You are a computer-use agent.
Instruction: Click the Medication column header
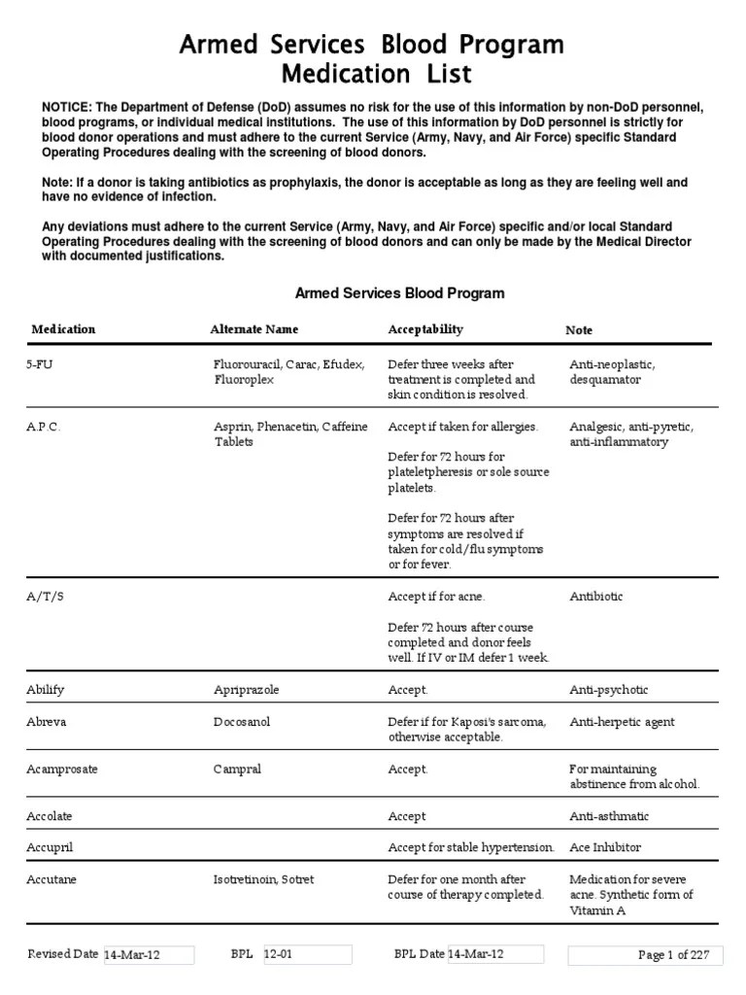[x=63, y=329]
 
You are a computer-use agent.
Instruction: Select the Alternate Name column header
[x=254, y=329]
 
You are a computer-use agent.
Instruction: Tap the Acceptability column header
[x=425, y=329]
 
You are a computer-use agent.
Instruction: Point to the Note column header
[x=579, y=330]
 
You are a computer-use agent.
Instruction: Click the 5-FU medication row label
[x=41, y=364]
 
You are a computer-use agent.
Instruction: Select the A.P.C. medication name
[x=44, y=427]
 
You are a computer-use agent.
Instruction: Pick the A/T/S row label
[x=45, y=597]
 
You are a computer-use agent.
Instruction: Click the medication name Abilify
[x=46, y=690]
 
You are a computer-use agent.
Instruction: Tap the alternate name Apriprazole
[x=246, y=690]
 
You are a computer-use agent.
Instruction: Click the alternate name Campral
[x=237, y=770]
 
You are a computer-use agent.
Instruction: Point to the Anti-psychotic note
[x=608, y=690]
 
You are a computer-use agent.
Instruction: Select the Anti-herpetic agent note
[x=622, y=722]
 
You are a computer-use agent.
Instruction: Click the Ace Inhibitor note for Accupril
[x=605, y=847]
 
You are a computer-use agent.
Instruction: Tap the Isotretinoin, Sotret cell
[x=264, y=879]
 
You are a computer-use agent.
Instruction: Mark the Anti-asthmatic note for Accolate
[x=609, y=816]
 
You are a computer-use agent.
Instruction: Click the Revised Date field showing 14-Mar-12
[x=148, y=955]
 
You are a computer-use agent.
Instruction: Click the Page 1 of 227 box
[x=644, y=955]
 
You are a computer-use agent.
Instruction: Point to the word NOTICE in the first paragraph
[x=63, y=106]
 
